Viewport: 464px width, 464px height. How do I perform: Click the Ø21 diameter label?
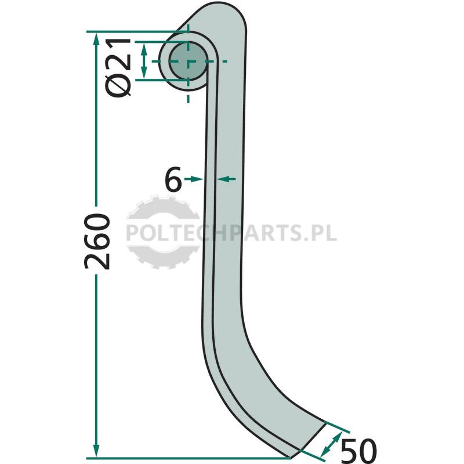click(x=118, y=68)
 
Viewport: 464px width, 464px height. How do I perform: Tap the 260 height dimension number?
click(x=97, y=241)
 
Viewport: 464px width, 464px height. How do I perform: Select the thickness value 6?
click(x=173, y=179)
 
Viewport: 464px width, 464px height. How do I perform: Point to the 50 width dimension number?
click(x=358, y=451)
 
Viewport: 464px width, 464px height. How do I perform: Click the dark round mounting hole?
click(x=188, y=61)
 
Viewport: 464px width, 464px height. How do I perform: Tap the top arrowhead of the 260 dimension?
click(x=96, y=38)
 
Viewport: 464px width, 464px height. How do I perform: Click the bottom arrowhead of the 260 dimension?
click(x=96, y=451)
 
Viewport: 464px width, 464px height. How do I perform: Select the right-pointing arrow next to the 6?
click(x=194, y=179)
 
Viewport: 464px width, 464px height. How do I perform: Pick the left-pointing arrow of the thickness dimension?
click(x=226, y=179)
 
